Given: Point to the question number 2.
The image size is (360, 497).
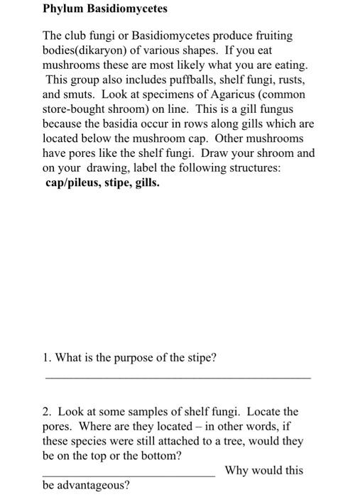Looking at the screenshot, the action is [x=46, y=411].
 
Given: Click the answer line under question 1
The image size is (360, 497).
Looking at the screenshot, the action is [x=178, y=378].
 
